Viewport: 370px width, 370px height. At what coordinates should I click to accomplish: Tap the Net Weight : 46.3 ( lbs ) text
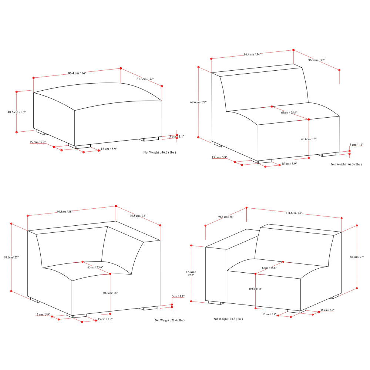tap(160, 152)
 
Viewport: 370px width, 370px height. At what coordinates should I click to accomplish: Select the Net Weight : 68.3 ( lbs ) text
tap(346, 164)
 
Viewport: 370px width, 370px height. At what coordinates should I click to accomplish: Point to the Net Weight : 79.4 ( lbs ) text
tap(169, 320)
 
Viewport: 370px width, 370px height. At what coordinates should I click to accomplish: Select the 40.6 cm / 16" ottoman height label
tap(17, 112)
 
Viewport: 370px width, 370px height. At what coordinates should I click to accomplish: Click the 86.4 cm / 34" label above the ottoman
tap(77, 73)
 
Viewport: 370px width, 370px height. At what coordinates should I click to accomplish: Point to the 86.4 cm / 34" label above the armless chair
tap(252, 54)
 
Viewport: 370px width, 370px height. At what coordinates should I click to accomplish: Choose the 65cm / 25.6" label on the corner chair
tap(95, 267)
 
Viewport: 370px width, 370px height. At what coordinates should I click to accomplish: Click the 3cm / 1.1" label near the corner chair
tap(178, 296)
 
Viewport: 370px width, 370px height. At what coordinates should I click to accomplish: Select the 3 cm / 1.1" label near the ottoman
tap(177, 137)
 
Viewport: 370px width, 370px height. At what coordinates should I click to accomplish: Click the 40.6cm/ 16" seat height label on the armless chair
tap(309, 139)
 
